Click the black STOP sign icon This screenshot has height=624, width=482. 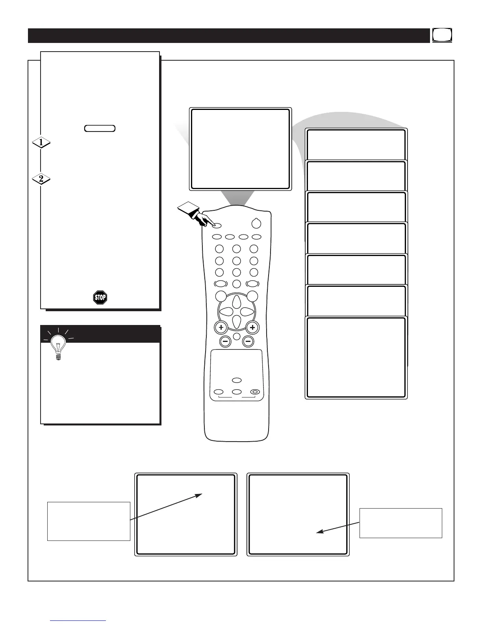tap(100, 297)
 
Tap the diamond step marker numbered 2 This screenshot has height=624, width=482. tap(41, 179)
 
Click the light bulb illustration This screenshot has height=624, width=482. tap(58, 347)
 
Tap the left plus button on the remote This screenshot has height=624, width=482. tap(221, 327)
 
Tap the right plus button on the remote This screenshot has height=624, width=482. tap(252, 327)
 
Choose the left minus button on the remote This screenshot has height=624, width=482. tap(225, 342)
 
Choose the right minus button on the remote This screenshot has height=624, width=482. tap(248, 342)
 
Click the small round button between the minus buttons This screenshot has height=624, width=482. tap(236, 336)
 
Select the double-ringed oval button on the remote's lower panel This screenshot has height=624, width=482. tap(255, 392)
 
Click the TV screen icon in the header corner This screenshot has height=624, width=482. tap(442, 35)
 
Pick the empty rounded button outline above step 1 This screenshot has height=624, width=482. tap(100, 128)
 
